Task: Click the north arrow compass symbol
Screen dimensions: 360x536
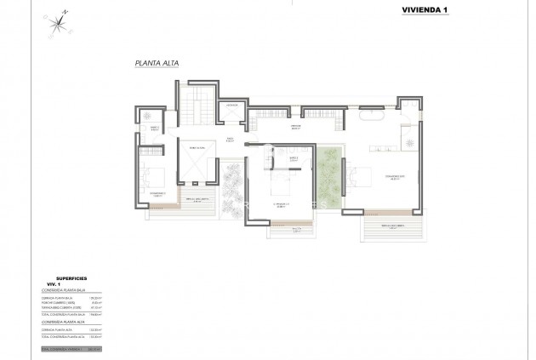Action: (58, 21)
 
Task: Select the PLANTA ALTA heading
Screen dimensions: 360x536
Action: (154, 63)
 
